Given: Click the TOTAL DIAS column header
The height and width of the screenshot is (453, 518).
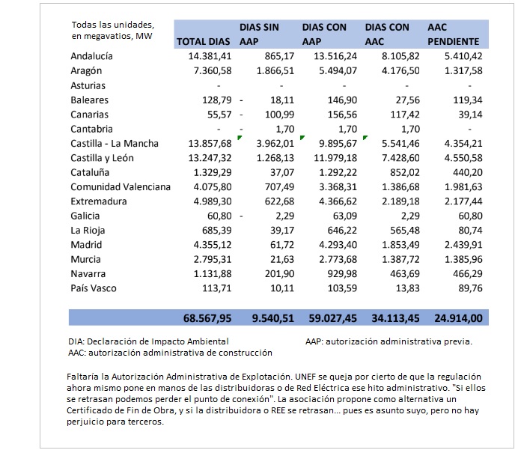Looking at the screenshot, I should pyautogui.click(x=203, y=42).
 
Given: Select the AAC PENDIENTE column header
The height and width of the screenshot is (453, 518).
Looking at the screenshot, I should pyautogui.click(x=453, y=35).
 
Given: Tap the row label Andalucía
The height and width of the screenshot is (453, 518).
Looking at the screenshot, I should pyautogui.click(x=91, y=56).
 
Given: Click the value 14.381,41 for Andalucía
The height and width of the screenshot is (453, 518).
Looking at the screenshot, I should pyautogui.click(x=210, y=56).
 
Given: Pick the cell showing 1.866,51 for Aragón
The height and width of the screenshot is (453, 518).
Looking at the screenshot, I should pyautogui.click(x=274, y=70).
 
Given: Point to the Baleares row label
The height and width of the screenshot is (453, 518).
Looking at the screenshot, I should pyautogui.click(x=89, y=100).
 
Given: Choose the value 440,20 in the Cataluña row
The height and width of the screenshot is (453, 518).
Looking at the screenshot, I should pyautogui.click(x=466, y=171).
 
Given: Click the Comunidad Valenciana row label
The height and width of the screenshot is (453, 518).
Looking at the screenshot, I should pyautogui.click(x=120, y=186).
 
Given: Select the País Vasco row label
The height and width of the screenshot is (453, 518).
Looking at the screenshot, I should pyautogui.click(x=94, y=287).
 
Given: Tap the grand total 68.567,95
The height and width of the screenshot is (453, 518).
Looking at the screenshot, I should pyautogui.click(x=207, y=318).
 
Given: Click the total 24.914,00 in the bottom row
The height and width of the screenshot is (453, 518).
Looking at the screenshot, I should pyautogui.click(x=458, y=318).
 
